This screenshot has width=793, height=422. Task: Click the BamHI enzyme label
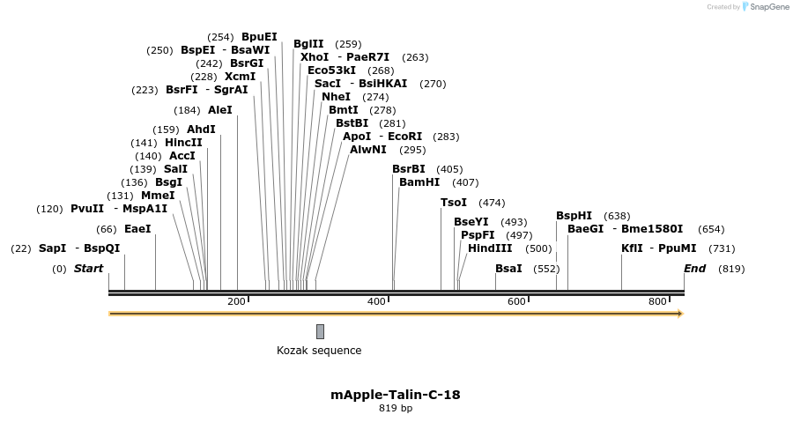[x=419, y=182]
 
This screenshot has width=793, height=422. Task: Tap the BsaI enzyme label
[x=508, y=268]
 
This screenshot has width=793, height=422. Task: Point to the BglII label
[x=308, y=43]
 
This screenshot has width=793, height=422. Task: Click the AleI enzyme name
[x=220, y=110]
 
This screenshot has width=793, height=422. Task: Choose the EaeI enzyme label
[x=137, y=228]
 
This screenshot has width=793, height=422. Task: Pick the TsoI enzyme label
[x=454, y=203]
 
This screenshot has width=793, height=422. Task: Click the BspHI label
[x=574, y=216]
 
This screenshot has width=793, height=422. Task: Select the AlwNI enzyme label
[x=368, y=150]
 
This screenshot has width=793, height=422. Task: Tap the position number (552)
[x=546, y=269]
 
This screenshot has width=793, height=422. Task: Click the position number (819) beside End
[x=731, y=269]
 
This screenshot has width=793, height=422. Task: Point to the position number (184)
[x=187, y=111]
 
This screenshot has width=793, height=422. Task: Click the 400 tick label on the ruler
[x=376, y=302]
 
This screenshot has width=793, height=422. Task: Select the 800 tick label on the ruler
[x=657, y=302]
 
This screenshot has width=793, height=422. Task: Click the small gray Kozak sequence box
[x=320, y=331]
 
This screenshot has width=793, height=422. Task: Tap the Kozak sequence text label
[x=319, y=351]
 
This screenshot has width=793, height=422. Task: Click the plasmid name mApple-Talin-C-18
[x=396, y=395]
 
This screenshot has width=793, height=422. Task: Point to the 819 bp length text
[x=396, y=409]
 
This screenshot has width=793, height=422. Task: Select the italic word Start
[x=88, y=269]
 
